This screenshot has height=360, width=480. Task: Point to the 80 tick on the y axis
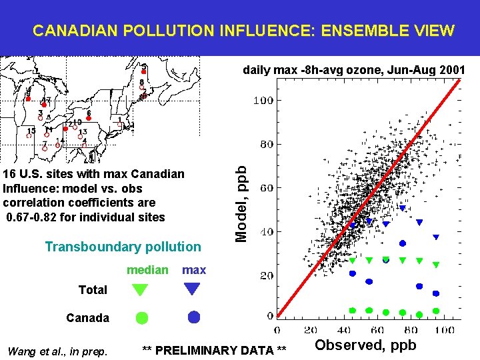(266, 144)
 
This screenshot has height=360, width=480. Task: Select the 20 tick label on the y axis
(266, 275)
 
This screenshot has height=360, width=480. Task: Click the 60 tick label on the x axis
(378, 329)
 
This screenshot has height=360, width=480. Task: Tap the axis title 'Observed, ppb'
(365, 345)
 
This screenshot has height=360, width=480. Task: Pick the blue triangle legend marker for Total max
(193, 289)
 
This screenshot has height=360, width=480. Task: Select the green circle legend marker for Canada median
(142, 318)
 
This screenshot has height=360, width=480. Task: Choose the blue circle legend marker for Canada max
(193, 317)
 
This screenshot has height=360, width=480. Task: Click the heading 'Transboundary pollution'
(123, 247)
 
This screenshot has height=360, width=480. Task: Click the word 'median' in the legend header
(147, 270)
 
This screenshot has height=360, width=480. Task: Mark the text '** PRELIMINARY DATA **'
(215, 351)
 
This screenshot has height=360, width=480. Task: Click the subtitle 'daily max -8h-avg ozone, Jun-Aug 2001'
(354, 69)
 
